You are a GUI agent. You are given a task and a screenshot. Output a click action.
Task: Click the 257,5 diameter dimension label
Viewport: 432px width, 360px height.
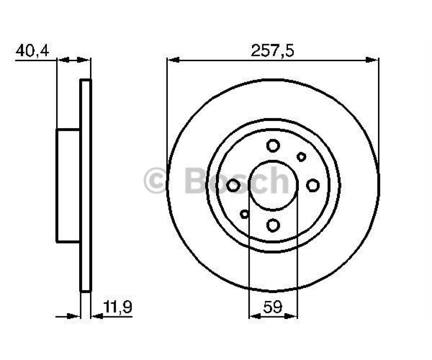coord(272,51)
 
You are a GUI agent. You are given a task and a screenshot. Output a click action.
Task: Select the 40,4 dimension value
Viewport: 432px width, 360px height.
coord(32,51)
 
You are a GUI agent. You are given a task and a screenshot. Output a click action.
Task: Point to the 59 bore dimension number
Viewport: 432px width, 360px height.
coord(273,307)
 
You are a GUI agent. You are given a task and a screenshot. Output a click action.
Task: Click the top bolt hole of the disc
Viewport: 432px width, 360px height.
coord(273,145)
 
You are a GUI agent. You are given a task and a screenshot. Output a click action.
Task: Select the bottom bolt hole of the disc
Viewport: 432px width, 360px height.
coord(273,225)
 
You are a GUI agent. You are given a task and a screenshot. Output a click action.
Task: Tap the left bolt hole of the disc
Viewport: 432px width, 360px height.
coord(233,185)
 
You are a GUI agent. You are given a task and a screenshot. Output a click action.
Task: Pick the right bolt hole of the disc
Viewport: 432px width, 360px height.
coord(313,185)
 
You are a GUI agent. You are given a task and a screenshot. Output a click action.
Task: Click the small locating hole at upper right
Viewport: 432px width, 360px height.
coord(301,157)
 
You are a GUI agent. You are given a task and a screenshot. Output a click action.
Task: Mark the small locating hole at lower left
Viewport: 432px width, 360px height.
coord(244,214)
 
